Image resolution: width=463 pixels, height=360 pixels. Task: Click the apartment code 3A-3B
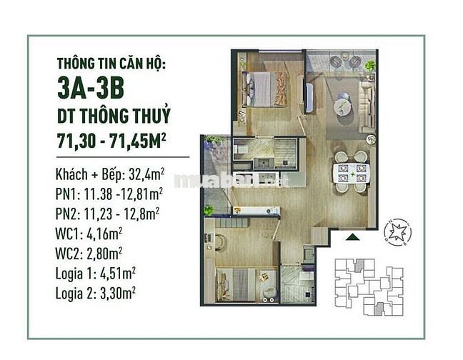coord(91,88)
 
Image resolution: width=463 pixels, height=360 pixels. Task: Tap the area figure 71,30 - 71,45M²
coord(111,141)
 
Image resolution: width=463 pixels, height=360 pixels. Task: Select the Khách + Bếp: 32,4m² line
coord(110,175)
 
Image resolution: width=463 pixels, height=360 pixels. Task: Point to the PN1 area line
coord(109,194)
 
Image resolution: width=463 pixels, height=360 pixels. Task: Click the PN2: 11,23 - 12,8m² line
coord(107,214)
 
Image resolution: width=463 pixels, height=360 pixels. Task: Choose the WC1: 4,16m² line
coord(89,234)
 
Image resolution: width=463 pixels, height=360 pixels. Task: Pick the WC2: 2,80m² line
coord(89,253)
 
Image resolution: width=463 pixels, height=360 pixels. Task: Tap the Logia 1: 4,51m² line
coord(96,274)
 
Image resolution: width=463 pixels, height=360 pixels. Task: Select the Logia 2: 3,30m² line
coord(96,293)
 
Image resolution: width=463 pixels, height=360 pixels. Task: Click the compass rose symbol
coord(397,232)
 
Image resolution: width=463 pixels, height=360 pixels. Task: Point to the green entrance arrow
coord(352,236)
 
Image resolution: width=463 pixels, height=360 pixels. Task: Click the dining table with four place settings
coord(352,173)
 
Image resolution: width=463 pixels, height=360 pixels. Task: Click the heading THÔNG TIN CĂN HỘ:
coord(111,64)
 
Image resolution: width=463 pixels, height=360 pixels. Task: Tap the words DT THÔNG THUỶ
coord(114,116)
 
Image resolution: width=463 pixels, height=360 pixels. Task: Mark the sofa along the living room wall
coord(367,106)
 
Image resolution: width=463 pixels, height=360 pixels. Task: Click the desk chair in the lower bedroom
coord(219,241)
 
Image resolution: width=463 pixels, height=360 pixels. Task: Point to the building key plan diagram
coord(369,287)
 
